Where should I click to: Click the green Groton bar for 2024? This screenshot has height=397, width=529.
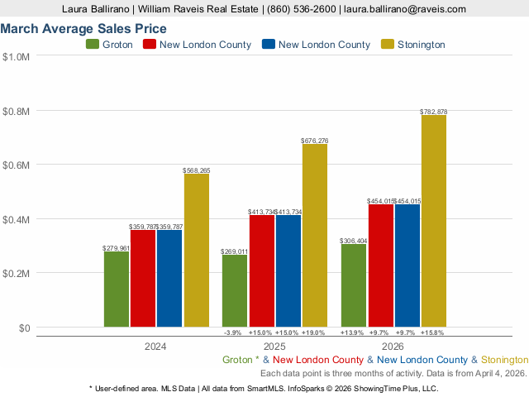(x=117, y=289)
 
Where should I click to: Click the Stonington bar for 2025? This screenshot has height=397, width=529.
(x=315, y=236)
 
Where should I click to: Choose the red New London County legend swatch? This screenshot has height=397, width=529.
(x=150, y=45)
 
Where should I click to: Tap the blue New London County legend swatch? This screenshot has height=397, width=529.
(x=268, y=45)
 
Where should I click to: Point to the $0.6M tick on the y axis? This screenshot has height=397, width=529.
(x=17, y=165)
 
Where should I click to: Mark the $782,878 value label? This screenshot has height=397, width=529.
(x=433, y=111)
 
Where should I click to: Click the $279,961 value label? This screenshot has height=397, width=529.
(x=117, y=248)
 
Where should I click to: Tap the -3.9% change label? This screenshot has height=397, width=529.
(x=233, y=332)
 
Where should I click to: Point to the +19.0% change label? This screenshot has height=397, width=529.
(x=315, y=332)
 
